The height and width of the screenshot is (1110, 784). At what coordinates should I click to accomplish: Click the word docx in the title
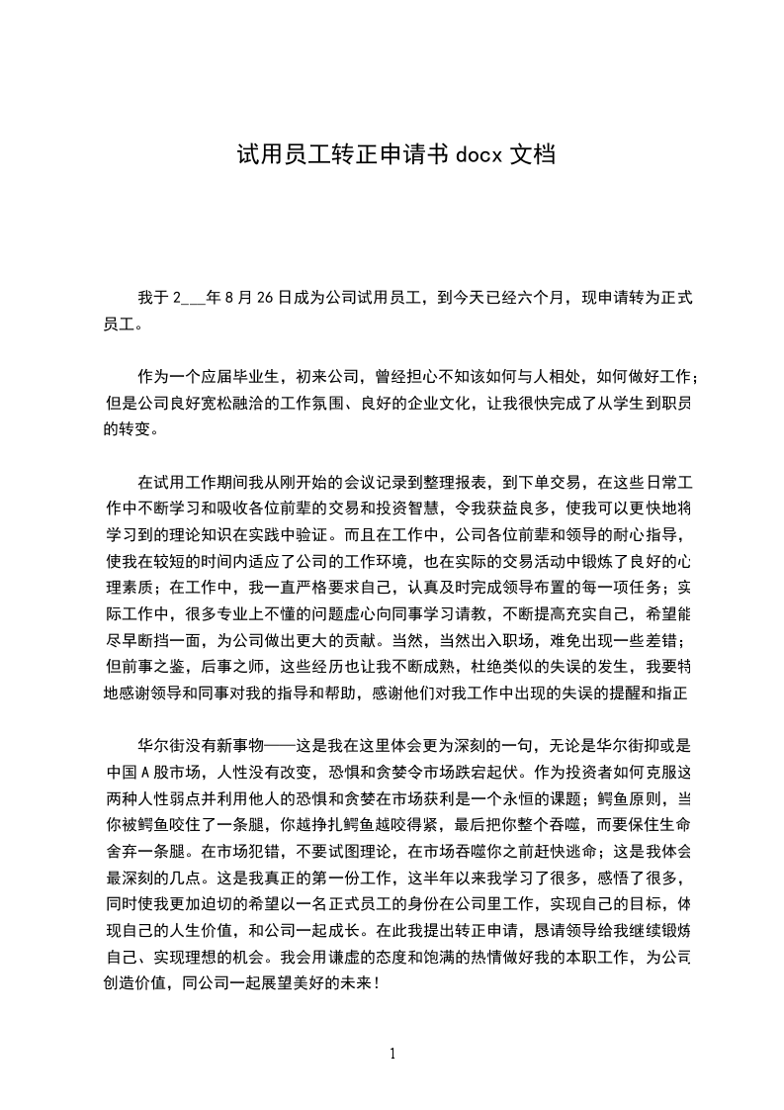tap(479, 155)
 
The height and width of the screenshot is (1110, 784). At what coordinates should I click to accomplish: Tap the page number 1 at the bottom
tap(392, 1053)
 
